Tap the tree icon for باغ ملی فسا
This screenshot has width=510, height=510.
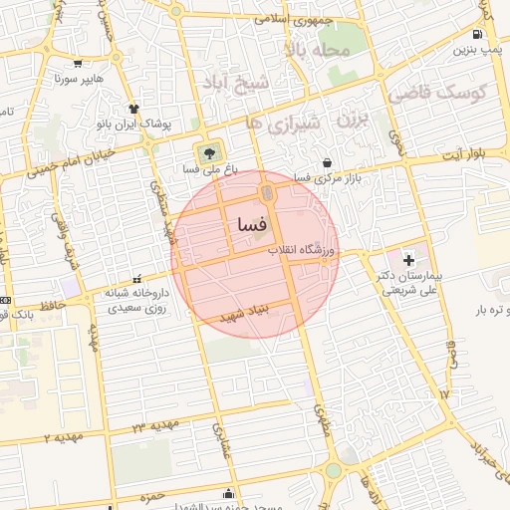[209, 152]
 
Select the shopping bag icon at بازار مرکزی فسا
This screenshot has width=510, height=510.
[328, 162]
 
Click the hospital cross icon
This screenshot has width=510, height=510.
[408, 259]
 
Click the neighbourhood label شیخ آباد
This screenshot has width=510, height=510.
[236, 80]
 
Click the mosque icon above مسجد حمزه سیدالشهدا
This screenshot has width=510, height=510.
[232, 492]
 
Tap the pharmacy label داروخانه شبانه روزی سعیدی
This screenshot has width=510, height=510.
[132, 301]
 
